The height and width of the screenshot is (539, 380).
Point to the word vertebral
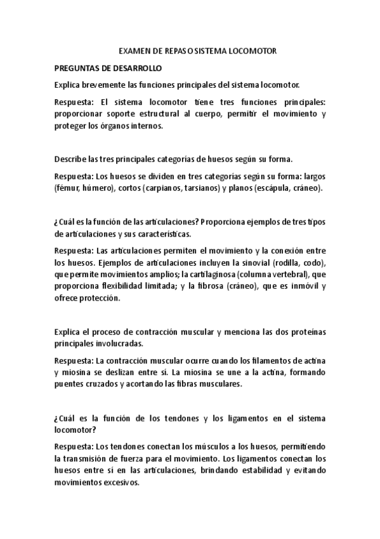point(289,275)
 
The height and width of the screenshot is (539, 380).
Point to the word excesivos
point(119,481)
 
